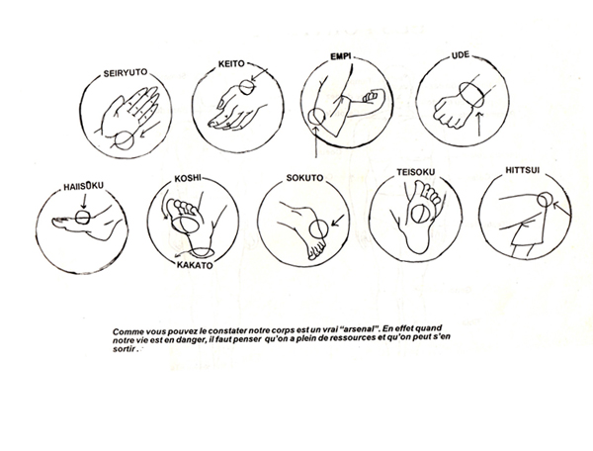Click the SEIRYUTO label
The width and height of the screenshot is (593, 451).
point(126,72)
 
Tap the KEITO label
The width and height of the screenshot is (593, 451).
point(231,64)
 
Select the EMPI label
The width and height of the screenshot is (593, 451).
point(341,56)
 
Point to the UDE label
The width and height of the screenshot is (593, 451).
point(461,55)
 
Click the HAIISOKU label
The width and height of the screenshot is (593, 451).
point(83,186)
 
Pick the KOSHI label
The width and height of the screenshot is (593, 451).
point(188,178)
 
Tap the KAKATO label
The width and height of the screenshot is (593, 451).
point(195,265)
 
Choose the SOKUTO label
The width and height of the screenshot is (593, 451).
point(304,178)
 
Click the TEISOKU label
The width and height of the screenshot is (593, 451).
point(416,172)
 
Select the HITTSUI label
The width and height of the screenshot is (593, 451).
point(523,170)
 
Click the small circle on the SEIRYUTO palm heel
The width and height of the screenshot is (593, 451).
point(125,140)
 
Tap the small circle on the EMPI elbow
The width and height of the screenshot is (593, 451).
point(316,117)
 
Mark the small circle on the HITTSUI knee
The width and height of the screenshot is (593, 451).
point(545,199)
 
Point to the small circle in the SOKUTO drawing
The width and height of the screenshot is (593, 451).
point(318,228)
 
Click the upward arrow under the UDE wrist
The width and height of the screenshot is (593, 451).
point(479,124)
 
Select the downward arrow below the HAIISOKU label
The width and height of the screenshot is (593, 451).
point(84,201)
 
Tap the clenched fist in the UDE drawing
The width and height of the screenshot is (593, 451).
point(451,112)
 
